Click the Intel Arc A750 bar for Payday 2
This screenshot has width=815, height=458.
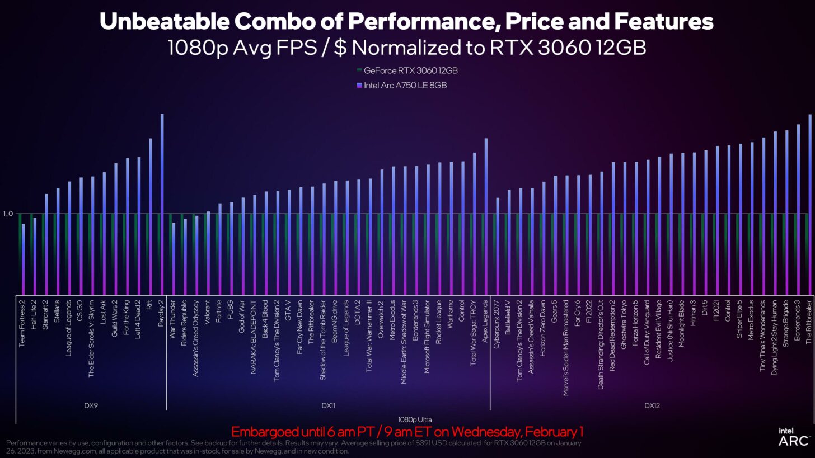(162, 204)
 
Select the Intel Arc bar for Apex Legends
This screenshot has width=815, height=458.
(486, 216)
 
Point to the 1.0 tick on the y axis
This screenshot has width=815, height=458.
(8, 214)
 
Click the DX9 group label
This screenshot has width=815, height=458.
(91, 405)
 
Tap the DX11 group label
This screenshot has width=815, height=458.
(328, 405)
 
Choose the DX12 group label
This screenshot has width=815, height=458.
(652, 405)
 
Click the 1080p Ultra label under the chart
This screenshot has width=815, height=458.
(415, 419)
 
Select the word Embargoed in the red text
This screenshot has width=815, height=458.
(260, 432)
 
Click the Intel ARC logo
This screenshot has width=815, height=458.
(793, 437)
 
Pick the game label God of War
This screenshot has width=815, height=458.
(242, 317)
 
